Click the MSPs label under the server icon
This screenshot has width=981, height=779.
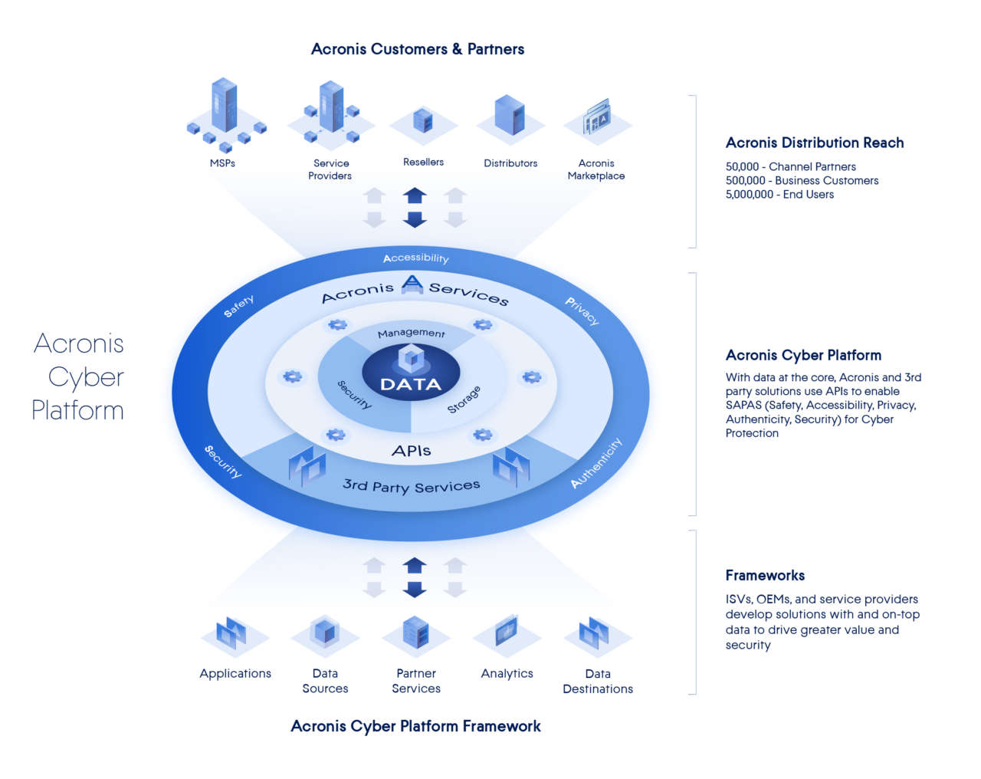(222, 163)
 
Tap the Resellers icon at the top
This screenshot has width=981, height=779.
(423, 122)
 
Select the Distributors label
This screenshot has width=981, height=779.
(510, 163)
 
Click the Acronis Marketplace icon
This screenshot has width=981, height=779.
(597, 118)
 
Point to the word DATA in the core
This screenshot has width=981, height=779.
(411, 384)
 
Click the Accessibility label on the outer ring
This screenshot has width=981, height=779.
(415, 258)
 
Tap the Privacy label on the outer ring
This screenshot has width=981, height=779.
(582, 311)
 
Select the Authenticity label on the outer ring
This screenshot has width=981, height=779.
(596, 463)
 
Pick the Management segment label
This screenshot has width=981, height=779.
(411, 333)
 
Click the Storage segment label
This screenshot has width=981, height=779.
(464, 399)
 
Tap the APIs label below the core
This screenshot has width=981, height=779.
(411, 451)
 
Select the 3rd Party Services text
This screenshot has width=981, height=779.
(411, 486)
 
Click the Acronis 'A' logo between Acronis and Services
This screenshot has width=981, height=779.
(412, 284)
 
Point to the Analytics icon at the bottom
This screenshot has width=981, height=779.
(507, 633)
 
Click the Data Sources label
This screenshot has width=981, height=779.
(325, 681)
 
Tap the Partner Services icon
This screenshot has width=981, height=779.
(415, 633)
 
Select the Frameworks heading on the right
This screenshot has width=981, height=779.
(765, 575)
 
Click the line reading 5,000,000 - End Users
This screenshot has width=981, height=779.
(779, 195)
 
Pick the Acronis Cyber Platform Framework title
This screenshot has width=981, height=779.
(415, 726)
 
